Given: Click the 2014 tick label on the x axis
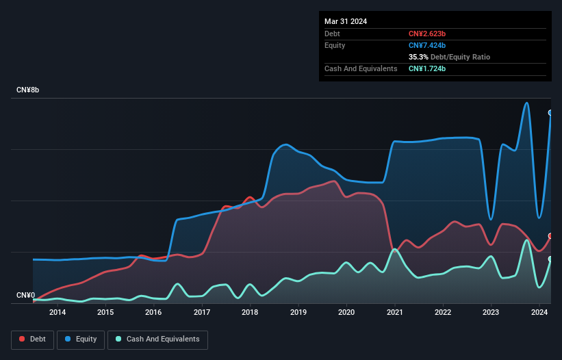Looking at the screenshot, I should [x=58, y=313].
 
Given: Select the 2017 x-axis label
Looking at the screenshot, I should [x=202, y=313].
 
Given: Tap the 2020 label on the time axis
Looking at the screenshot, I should [x=346, y=313].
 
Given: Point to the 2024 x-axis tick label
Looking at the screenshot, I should [x=539, y=313].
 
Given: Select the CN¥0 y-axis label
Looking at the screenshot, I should [x=26, y=296].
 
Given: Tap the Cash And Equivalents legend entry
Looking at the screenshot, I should [x=157, y=339].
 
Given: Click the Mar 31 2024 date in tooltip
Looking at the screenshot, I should [x=346, y=21].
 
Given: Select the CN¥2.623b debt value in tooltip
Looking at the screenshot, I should [x=427, y=34].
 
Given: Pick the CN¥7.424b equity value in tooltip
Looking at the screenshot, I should [x=427, y=45].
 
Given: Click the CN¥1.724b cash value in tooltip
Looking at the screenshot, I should [x=427, y=68].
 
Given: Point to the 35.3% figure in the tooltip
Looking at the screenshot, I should [x=418, y=57].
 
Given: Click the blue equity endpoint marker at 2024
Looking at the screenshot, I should [x=550, y=113].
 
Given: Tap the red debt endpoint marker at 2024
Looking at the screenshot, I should [x=550, y=235].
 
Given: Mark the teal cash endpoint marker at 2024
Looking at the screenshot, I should [x=550, y=259].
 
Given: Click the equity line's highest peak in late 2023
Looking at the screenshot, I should [x=526, y=103].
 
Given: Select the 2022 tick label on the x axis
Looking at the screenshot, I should [x=443, y=313].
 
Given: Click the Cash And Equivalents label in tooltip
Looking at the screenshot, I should [x=361, y=68].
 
